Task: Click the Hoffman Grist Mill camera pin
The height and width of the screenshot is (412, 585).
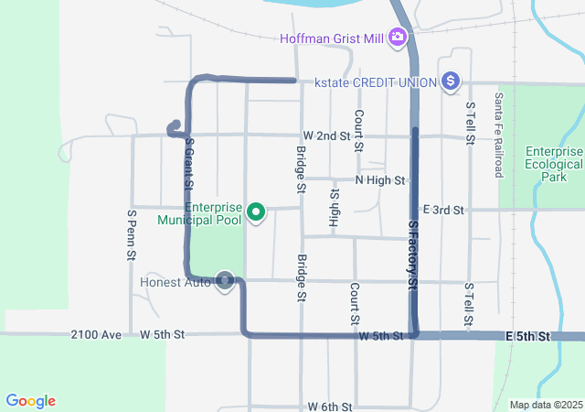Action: point(398,38)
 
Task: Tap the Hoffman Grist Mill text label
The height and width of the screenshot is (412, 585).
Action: point(335,38)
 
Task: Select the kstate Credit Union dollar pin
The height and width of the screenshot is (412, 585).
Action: point(450,82)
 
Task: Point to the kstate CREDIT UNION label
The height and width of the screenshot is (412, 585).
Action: point(375,82)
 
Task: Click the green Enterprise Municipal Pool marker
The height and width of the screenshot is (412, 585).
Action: point(257,213)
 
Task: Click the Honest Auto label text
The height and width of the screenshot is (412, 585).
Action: point(175,282)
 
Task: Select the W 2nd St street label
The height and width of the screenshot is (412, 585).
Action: point(327,136)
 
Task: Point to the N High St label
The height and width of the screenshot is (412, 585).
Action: point(380,180)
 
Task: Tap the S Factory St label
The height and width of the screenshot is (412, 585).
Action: point(413,256)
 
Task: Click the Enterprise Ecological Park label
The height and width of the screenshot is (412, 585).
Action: point(554,165)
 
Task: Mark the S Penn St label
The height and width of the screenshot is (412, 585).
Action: point(133,233)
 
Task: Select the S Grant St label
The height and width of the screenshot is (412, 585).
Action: point(188,163)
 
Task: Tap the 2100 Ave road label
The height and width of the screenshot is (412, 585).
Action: point(96,335)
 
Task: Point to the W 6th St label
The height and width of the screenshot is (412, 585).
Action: point(330,406)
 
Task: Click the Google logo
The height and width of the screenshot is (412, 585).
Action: point(31,401)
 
